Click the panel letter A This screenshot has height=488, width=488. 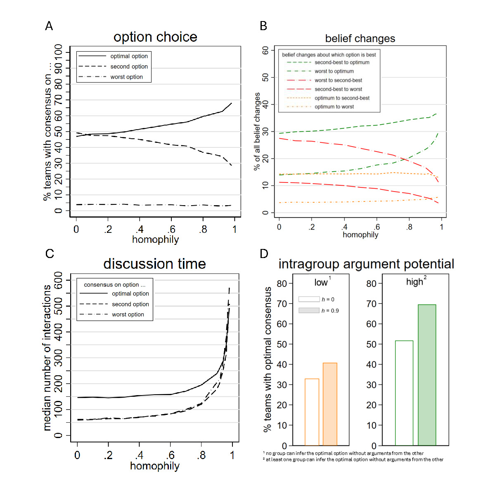point(49,26)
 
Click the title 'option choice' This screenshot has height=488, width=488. point(155,37)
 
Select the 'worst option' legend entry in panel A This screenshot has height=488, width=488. point(126,77)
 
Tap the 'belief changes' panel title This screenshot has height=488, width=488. point(360,39)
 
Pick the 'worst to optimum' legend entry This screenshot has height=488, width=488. point(334,71)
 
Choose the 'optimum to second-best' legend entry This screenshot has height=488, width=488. point(342,98)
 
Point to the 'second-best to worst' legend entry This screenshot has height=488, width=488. point(338,89)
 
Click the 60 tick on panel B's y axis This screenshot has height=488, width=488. point(265,50)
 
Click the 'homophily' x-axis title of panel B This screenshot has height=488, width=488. point(360,235)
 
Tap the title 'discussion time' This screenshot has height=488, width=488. point(154,264)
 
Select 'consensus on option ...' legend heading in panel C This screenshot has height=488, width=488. point(114,285)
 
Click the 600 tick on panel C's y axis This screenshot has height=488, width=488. point(58,280)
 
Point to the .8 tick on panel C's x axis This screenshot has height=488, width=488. point(201,455)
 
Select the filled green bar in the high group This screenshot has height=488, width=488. point(427,375)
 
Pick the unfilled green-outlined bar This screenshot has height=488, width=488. point(404,393)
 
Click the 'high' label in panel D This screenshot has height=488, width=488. point(415,282)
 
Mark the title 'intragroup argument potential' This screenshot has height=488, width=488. point(366,264)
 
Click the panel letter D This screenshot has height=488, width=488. point(264,254)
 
